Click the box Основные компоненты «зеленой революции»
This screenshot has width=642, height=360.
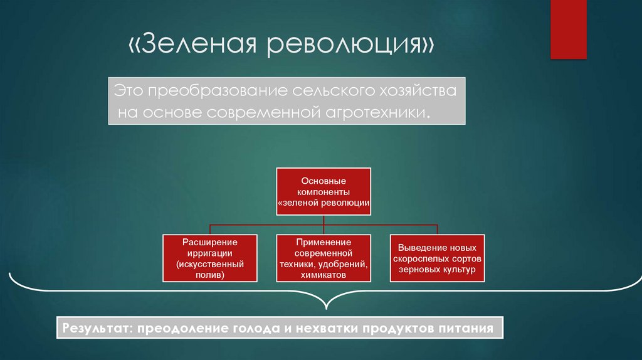(324, 192)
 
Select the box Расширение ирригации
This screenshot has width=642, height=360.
(209, 257)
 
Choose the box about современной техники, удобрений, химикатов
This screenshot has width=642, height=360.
(324, 257)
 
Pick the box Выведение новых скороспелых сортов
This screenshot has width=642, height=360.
(438, 257)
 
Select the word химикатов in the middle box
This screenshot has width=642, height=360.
(324, 275)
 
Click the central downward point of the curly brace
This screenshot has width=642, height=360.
(324, 308)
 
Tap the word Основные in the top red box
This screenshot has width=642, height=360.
(324, 181)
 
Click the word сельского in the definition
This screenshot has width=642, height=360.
(327, 91)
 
